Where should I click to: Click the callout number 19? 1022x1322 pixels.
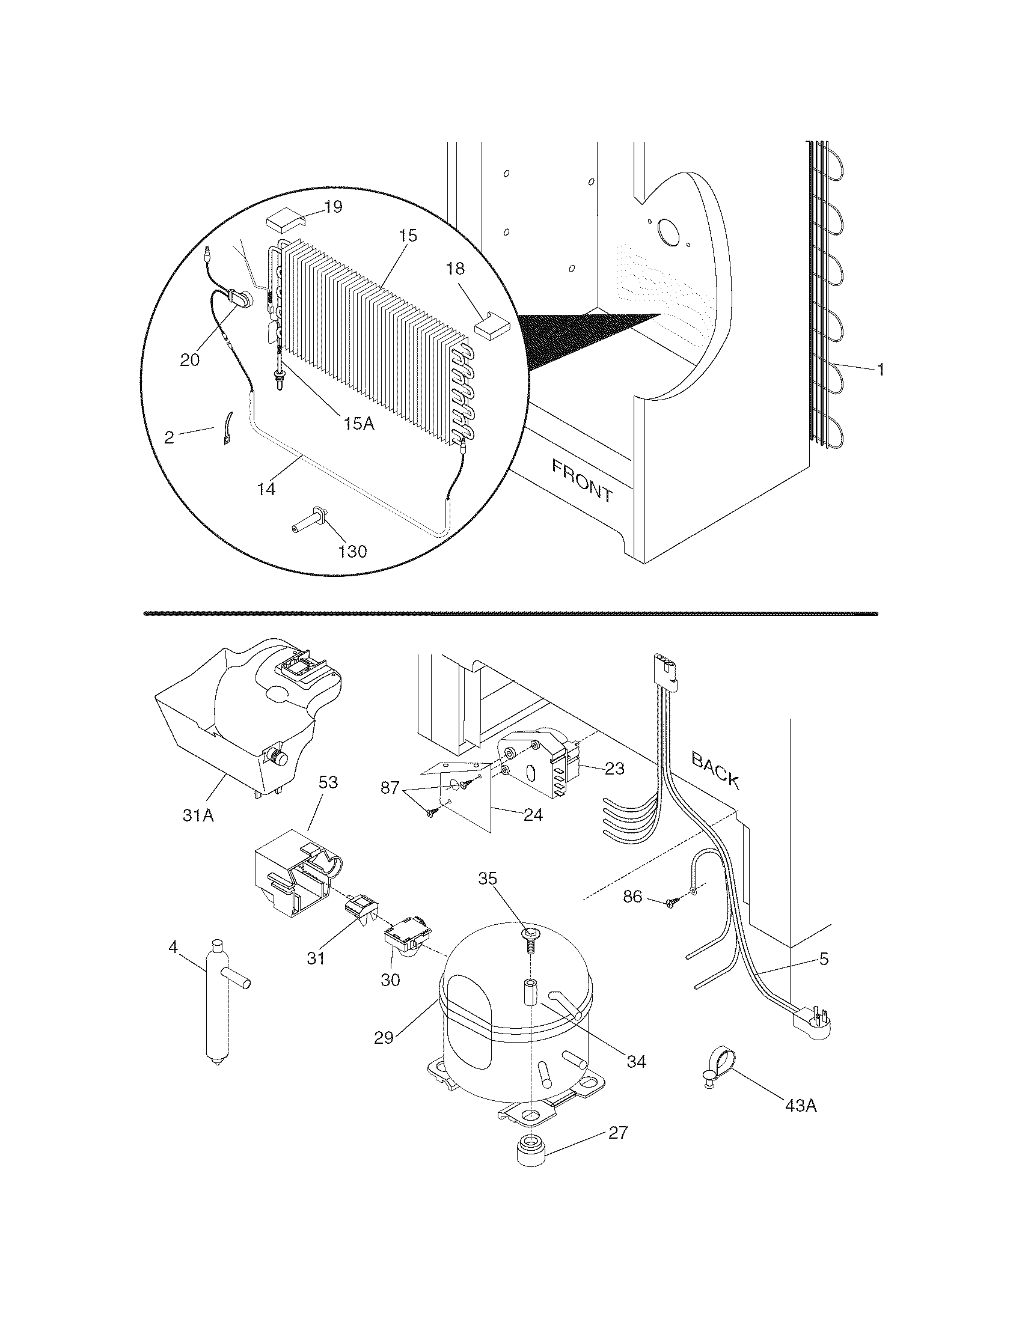332,207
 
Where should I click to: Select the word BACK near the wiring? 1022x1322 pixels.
716,770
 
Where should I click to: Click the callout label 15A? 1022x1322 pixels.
358,423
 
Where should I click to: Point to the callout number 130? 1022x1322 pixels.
352,551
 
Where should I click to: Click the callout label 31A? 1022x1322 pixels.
198,815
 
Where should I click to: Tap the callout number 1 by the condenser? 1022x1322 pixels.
881,369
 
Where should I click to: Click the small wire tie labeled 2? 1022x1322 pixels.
227,430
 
